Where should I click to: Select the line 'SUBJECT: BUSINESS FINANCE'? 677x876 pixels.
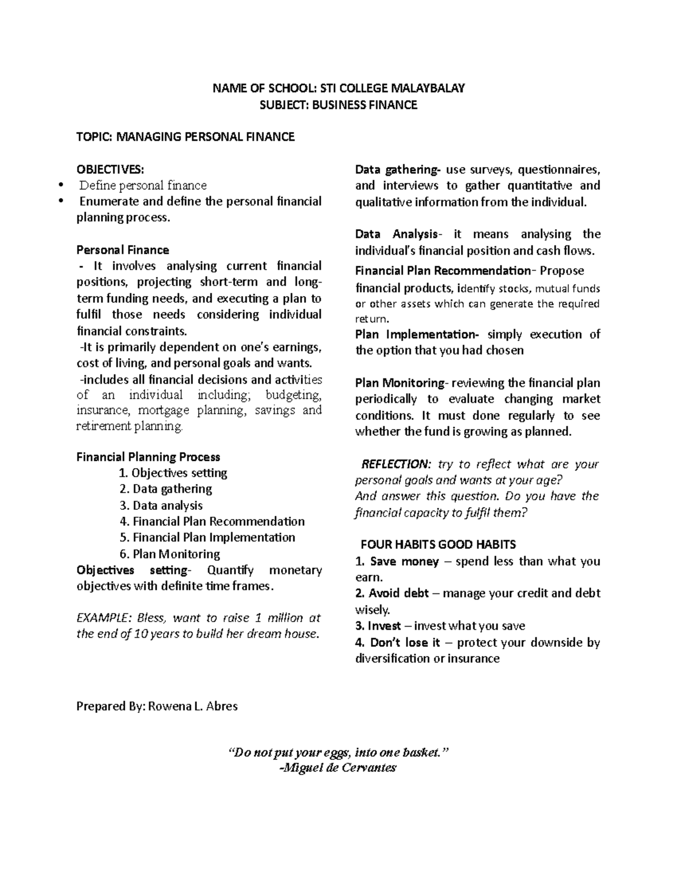pyautogui.click(x=338, y=104)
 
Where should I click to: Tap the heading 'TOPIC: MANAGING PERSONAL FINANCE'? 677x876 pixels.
pyautogui.click(x=185, y=137)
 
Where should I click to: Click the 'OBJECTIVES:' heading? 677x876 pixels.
pyautogui.click(x=110, y=169)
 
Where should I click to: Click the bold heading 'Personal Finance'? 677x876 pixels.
pyautogui.click(x=122, y=250)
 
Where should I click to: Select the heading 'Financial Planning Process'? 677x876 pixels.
pyautogui.click(x=148, y=457)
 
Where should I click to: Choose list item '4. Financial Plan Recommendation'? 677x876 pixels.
pyautogui.click(x=212, y=521)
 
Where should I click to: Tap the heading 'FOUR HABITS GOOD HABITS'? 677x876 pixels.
pyautogui.click(x=438, y=545)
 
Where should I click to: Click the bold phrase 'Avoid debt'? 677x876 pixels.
pyautogui.click(x=399, y=593)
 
